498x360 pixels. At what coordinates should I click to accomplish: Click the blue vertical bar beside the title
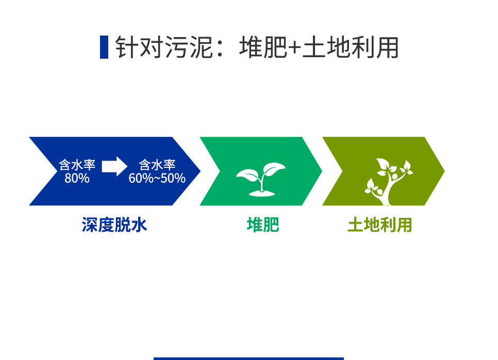click(104, 47)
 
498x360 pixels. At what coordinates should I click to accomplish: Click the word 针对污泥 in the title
click(164, 47)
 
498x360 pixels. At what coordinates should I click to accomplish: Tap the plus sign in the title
click(294, 48)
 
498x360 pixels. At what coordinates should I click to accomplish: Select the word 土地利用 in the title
click(351, 47)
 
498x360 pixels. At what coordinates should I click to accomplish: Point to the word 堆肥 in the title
click(263, 47)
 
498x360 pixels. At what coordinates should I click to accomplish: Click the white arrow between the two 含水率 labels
click(114, 166)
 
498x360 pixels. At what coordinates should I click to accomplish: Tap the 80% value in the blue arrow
click(77, 178)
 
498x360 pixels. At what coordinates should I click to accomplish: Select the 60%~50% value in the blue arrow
click(157, 178)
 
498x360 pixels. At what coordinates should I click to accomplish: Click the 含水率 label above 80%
click(77, 165)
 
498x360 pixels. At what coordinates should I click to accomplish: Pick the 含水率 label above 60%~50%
click(157, 165)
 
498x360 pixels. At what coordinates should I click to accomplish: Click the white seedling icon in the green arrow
click(261, 179)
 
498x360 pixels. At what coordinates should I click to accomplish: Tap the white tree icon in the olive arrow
click(388, 182)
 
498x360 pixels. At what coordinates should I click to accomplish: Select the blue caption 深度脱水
click(114, 225)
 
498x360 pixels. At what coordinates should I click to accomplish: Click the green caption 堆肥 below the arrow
click(263, 225)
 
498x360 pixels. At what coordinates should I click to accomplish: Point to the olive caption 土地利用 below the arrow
click(380, 225)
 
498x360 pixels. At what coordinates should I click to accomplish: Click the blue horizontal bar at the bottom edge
click(248, 359)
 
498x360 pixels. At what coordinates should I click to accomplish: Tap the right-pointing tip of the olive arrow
click(444, 172)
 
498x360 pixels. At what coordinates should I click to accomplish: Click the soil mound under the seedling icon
click(262, 193)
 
